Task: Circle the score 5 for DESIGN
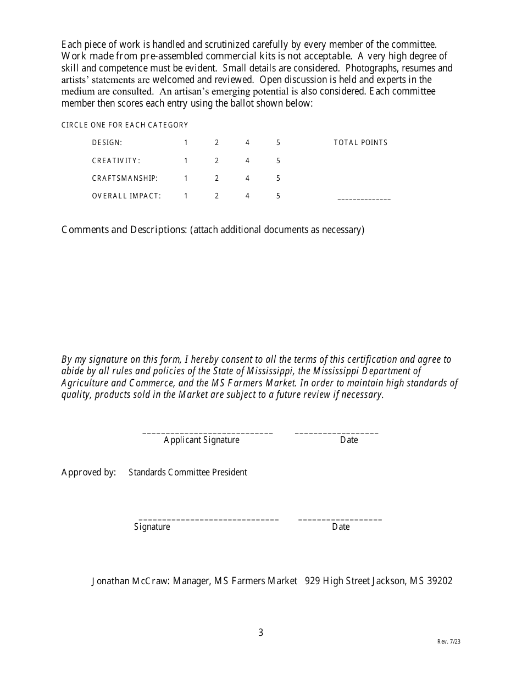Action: click(x=278, y=143)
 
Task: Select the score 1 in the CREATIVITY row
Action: click(x=186, y=161)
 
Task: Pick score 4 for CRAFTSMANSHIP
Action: click(x=247, y=179)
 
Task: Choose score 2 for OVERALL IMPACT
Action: click(x=216, y=196)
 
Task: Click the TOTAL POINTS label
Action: click(x=360, y=143)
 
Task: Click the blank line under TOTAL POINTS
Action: click(x=364, y=198)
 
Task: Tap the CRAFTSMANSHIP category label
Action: click(x=125, y=179)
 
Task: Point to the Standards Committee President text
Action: click(x=188, y=472)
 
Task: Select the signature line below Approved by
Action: click(x=209, y=519)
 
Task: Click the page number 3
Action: click(x=260, y=633)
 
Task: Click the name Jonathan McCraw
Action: click(x=131, y=581)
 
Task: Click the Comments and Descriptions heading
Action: click(x=124, y=230)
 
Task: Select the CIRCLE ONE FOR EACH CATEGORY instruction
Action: click(x=125, y=125)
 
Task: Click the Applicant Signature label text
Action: click(x=202, y=440)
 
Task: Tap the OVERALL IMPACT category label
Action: click(x=126, y=196)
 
